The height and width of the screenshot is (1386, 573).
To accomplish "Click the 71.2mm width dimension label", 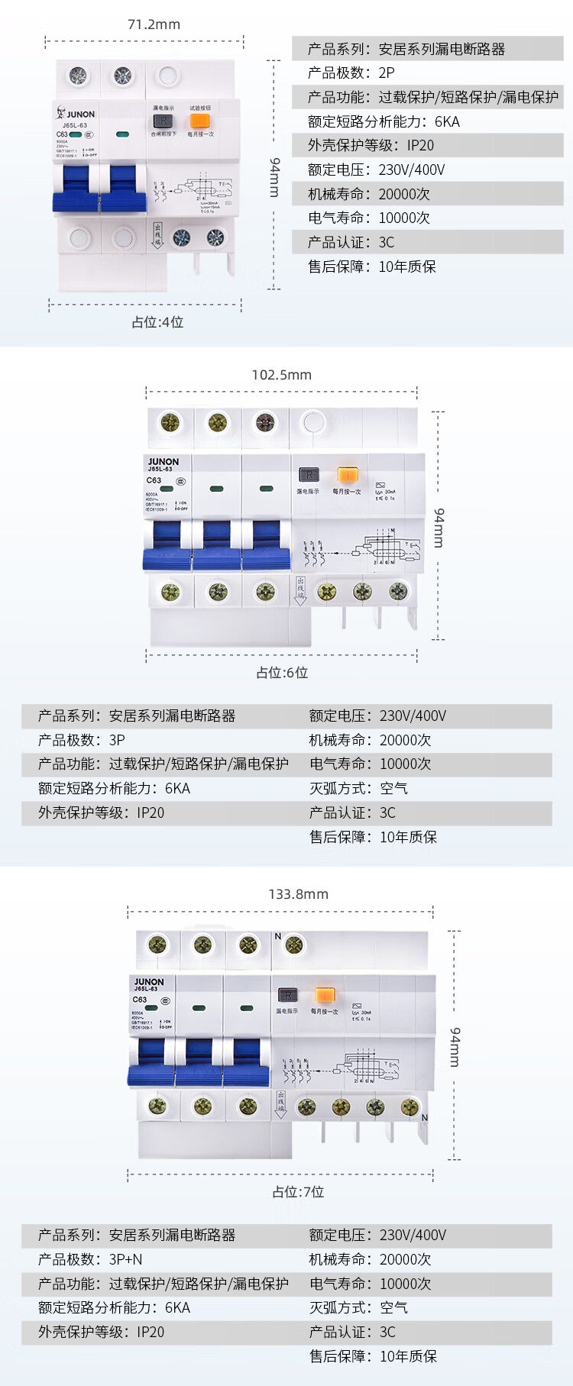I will tap(154, 24).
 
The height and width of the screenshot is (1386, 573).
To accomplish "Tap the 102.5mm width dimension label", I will tap(281, 375).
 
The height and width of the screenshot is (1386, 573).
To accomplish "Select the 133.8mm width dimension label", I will tap(298, 894).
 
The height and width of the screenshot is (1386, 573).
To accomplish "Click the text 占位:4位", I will tap(157, 322).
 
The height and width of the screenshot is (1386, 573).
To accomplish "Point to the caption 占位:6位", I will tap(282, 673).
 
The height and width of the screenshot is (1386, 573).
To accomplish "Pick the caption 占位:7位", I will tap(298, 1192).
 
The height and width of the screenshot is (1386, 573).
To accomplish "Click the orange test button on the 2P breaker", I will tap(199, 121).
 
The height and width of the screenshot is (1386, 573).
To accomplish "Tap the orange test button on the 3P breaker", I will tap(347, 475).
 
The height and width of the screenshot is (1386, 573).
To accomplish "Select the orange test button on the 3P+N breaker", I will tap(325, 995).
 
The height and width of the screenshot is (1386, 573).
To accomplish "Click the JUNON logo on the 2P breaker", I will tap(76, 114).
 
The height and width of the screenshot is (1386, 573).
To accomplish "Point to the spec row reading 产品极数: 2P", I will tap(351, 73).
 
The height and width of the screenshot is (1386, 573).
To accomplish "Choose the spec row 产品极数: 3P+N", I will tap(90, 1259).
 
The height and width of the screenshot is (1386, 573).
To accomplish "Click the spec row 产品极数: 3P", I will tap(82, 740).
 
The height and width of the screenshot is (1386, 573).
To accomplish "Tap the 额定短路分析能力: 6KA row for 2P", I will tap(384, 121).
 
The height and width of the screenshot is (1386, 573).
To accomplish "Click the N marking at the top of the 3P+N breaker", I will tap(277, 936).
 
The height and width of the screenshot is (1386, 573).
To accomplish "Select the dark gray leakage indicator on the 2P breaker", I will tap(163, 121).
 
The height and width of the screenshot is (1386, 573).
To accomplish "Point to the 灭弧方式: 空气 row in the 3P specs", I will tap(358, 788).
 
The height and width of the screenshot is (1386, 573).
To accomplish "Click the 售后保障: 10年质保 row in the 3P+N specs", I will tap(373, 1356).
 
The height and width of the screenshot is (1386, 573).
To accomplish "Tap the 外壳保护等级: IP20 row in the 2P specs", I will tap(371, 146).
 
